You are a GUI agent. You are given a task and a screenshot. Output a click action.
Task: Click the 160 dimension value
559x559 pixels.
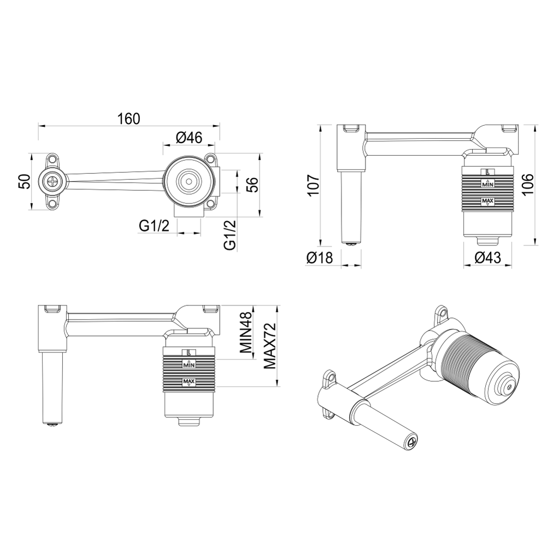click(x=128, y=119)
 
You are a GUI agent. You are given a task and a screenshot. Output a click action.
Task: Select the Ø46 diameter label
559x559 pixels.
click(x=190, y=138)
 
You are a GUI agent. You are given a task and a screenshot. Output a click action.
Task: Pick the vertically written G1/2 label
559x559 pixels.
click(x=230, y=234)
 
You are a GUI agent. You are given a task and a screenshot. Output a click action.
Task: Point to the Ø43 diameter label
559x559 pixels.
click(x=488, y=258)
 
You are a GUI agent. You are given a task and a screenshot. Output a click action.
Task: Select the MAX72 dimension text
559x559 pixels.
click(x=268, y=345)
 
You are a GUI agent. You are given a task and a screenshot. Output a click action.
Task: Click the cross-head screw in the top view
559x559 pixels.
click(x=52, y=181)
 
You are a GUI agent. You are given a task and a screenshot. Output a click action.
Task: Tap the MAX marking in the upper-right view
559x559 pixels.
click(x=488, y=202)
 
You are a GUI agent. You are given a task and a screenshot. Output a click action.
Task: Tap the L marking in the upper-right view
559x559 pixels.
click(x=488, y=172)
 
